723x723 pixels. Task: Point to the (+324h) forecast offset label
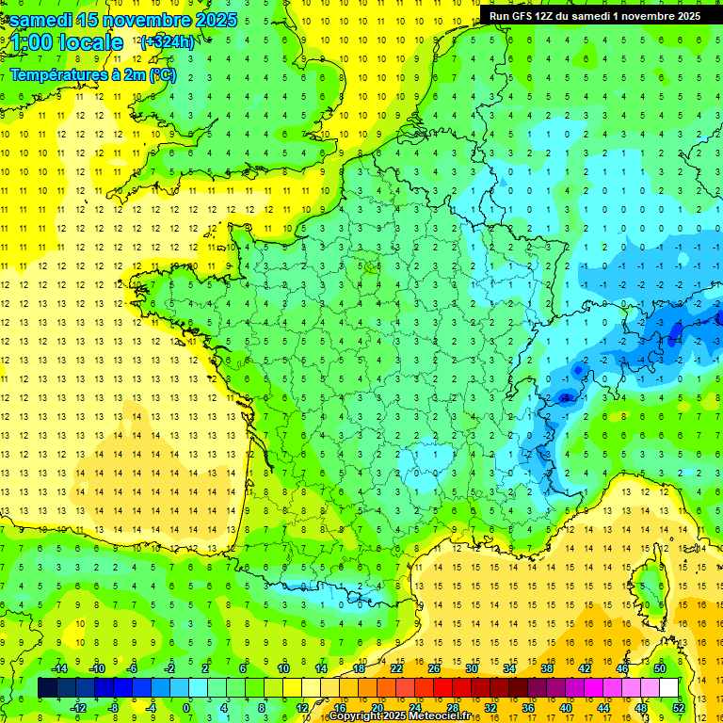[168, 41]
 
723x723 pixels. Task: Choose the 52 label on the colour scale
[679, 707]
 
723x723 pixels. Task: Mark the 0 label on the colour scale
[186, 707]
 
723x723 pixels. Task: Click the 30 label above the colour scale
[471, 668]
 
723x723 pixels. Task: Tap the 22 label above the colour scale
[396, 668]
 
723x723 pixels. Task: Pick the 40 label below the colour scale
[565, 707]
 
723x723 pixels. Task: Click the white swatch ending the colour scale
[668, 687]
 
